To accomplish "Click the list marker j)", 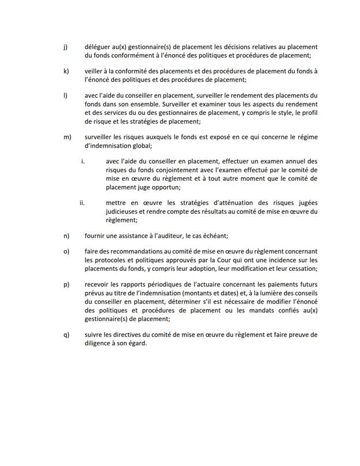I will pos(65,47).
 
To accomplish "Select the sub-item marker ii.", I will pos(82,203).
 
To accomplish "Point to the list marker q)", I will pos(65,334).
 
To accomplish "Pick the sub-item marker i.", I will pos(83,162).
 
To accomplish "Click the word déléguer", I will pos(98,47).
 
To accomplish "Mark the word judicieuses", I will pos(125,212).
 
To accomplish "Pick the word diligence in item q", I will pos(99,343).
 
